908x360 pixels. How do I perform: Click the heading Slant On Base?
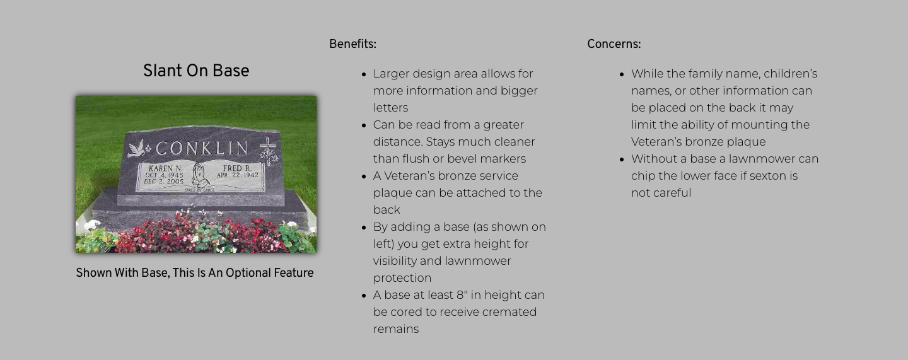pyautogui.click(x=196, y=71)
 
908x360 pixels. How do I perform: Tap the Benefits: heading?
pyautogui.click(x=352, y=44)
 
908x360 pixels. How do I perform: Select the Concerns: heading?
pyautogui.click(x=614, y=44)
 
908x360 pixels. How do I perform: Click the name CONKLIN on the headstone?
pyautogui.click(x=202, y=148)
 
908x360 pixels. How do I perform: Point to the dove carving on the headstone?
pyautogui.click(x=136, y=149)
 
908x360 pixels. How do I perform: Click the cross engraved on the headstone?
pyautogui.click(x=268, y=145)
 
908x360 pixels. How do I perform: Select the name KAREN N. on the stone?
pyautogui.click(x=165, y=168)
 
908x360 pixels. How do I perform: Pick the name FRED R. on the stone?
pyautogui.click(x=237, y=168)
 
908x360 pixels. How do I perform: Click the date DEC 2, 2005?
pyautogui.click(x=164, y=182)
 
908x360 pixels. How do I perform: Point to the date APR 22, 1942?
pyautogui.click(x=238, y=175)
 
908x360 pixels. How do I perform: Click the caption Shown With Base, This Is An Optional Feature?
pyautogui.click(x=195, y=273)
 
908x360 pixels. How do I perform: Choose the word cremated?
pyautogui.click(x=509, y=311)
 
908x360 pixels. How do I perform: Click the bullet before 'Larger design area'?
pyautogui.click(x=364, y=74)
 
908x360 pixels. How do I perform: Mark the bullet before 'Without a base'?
pyautogui.click(x=622, y=160)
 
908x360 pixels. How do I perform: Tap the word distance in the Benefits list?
pyautogui.click(x=398, y=141)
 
